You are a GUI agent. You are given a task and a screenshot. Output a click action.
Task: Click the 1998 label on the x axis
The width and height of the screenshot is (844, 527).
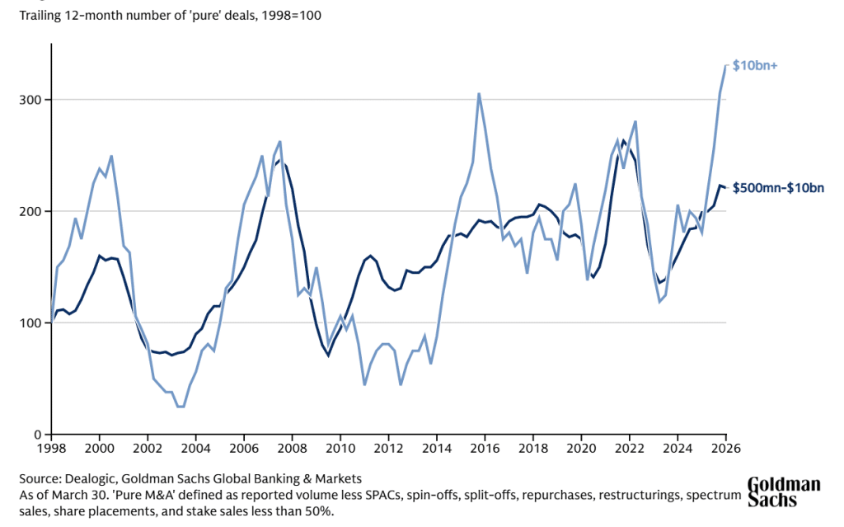(51, 449)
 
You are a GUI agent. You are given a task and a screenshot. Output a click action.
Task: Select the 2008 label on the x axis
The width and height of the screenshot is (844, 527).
(292, 449)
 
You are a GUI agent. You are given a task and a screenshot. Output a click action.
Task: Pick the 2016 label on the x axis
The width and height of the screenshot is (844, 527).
(485, 449)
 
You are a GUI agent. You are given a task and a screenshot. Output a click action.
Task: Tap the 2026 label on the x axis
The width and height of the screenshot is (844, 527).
(725, 449)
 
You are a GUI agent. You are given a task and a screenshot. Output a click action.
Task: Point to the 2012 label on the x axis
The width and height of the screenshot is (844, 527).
(388, 449)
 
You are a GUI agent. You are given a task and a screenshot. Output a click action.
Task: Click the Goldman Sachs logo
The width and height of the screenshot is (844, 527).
(784, 492)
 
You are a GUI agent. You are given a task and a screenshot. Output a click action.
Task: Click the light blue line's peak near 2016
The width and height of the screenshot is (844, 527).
(479, 94)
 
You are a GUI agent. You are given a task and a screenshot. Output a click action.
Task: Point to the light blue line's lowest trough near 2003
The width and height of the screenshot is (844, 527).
(180, 407)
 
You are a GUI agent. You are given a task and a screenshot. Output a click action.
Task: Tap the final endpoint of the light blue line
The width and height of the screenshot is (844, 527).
(726, 65)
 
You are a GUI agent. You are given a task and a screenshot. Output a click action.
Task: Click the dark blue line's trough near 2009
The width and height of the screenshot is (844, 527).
(328, 355)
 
